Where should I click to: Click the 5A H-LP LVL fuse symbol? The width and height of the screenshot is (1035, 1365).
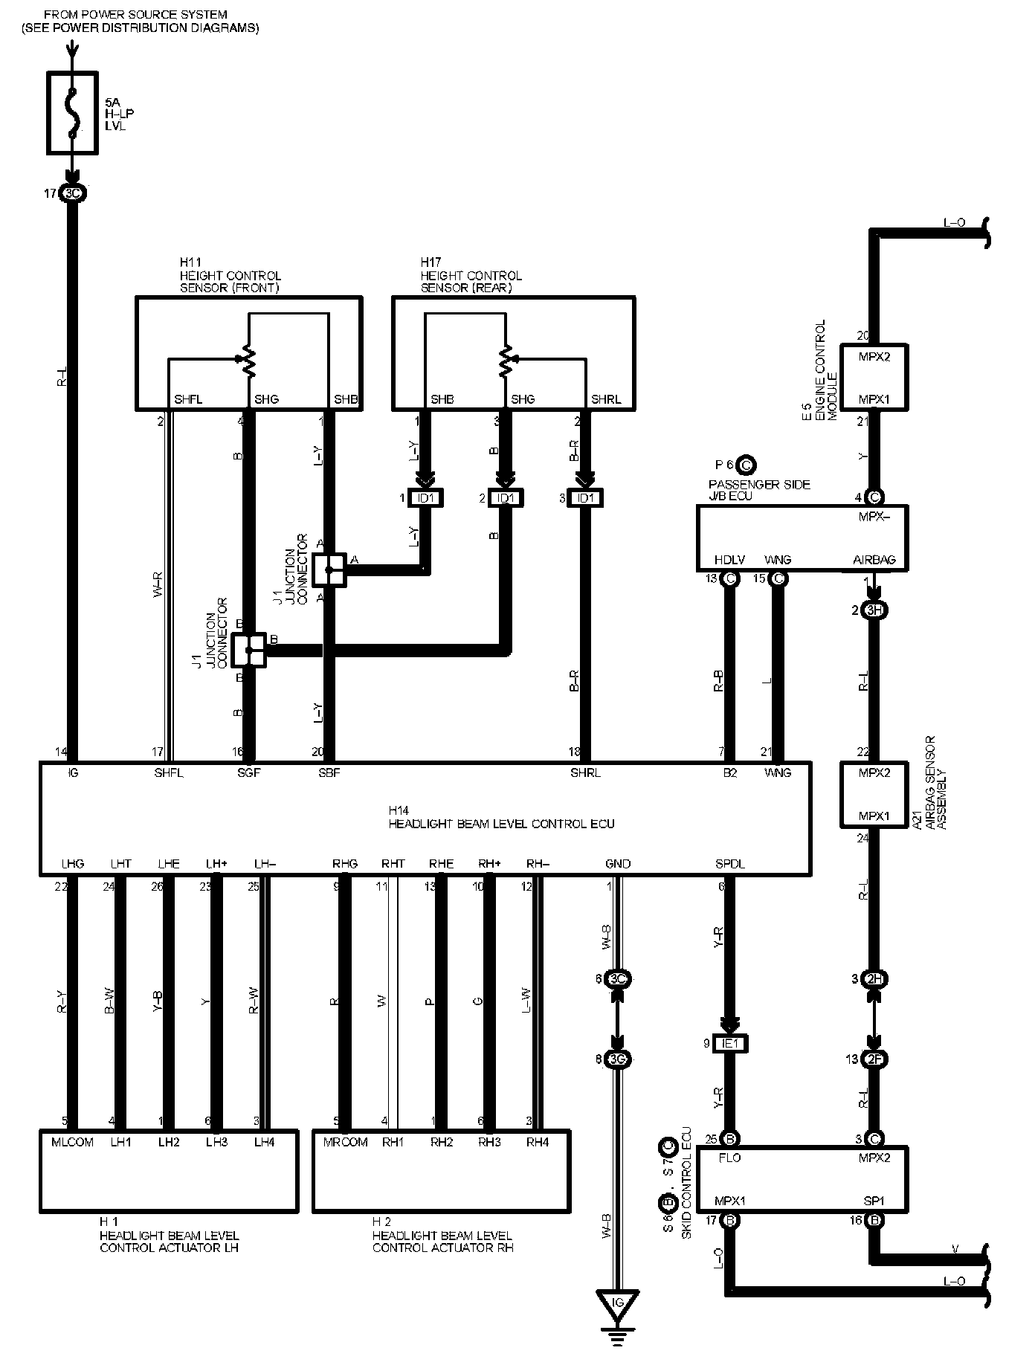pos(72,113)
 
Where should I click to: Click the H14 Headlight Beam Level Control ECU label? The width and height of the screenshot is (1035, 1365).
pos(501,817)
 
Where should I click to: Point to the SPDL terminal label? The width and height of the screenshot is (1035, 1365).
pos(729,864)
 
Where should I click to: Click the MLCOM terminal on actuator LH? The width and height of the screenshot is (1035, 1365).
pos(72,1142)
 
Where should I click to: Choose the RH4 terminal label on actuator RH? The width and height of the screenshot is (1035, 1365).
pos(538,1142)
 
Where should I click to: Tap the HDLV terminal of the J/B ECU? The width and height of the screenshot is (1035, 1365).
pos(729,560)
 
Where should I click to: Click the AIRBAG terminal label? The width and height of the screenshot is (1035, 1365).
pos(874,560)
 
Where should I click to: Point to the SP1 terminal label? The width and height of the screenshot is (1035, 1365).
pos(874,1201)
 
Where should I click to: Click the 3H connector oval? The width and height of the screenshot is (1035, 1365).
pos(874,610)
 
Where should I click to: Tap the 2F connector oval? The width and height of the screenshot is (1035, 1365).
pos(874,1059)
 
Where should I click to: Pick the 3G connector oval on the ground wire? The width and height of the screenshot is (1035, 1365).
pos(617,1059)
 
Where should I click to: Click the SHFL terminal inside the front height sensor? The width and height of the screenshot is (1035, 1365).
pos(187,399)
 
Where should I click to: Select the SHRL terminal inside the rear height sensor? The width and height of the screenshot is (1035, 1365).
pos(605,399)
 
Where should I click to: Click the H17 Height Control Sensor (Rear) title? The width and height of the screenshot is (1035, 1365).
pos(471,275)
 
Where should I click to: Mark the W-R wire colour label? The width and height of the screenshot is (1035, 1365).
pos(158,586)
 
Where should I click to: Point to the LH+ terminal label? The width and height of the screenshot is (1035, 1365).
pos(216,864)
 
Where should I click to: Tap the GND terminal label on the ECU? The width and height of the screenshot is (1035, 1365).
pos(618,864)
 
